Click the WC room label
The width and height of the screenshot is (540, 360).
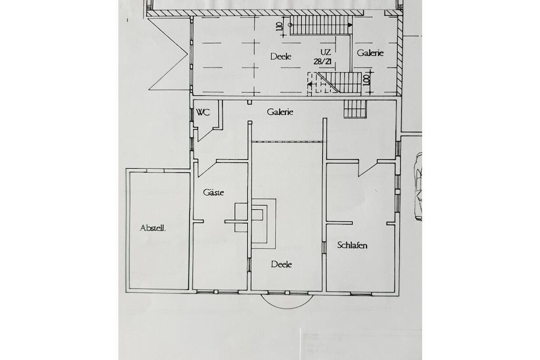click(x=203, y=112)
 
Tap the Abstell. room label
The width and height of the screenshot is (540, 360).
click(x=152, y=228)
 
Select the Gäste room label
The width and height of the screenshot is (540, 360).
click(x=213, y=192)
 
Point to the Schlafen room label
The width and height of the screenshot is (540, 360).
click(x=352, y=245)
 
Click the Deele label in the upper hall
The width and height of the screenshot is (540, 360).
click(x=281, y=56)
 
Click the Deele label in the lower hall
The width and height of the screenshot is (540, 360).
click(x=282, y=264)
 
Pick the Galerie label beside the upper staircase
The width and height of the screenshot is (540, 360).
click(x=370, y=53)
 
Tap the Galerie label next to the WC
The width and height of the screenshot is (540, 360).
click(x=280, y=112)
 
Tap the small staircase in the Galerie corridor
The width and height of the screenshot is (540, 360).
click(x=355, y=109)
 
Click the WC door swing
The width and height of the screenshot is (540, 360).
click(x=208, y=134)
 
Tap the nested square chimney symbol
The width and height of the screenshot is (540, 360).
click(x=263, y=223)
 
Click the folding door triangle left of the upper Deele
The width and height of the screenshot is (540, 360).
click(x=169, y=54)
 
